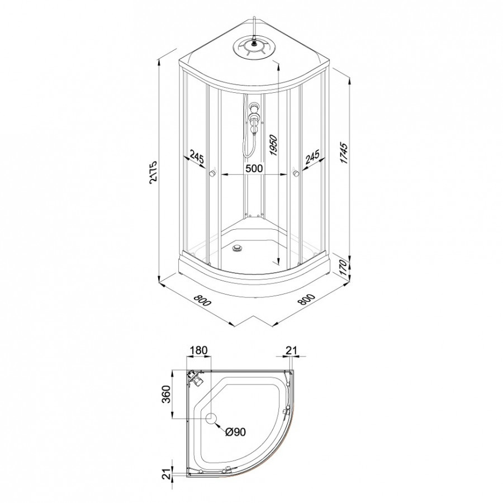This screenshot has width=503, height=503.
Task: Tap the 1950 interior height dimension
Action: pos(273,145)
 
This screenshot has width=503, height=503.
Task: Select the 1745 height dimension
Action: pos(344,153)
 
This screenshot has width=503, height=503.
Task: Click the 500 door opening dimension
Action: pos(254,168)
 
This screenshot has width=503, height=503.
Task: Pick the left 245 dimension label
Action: pos(197,157)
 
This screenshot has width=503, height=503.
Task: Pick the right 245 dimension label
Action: pos(312,157)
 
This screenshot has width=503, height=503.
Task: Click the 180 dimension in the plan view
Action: pos(199,350)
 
